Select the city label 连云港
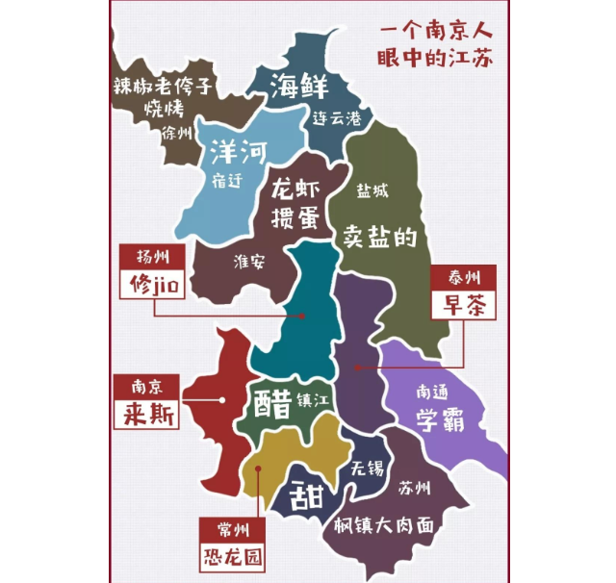pyautogui.click(x=337, y=118)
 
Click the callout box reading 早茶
pyautogui.click(x=463, y=306)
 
